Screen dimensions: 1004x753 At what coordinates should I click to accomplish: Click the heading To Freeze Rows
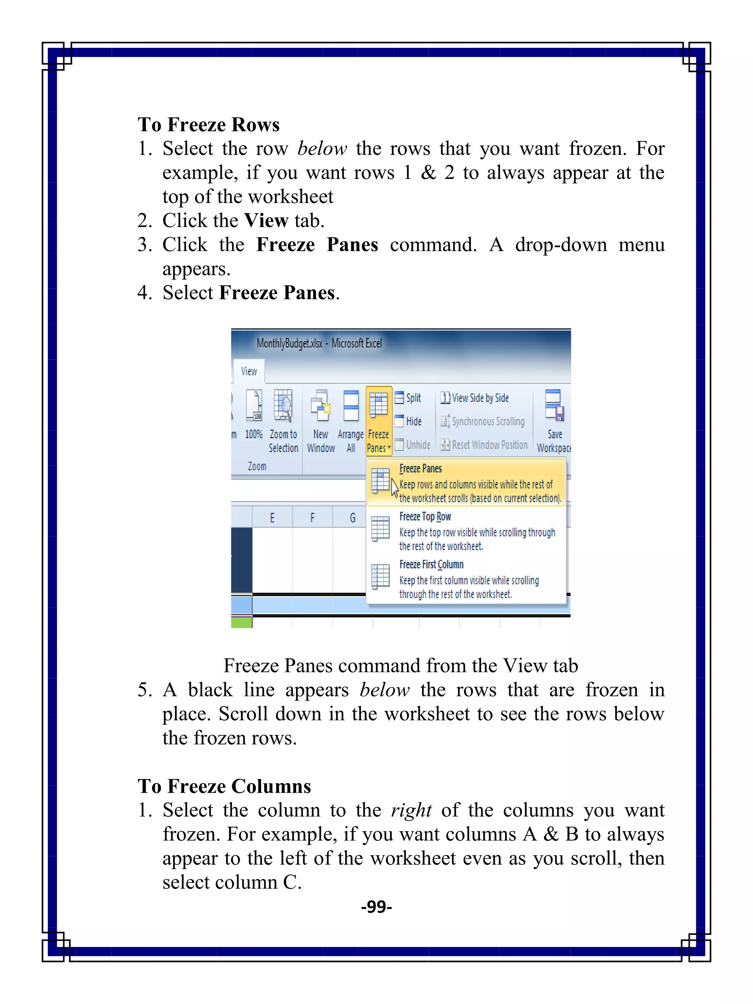208,125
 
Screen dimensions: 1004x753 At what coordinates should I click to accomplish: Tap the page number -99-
376,907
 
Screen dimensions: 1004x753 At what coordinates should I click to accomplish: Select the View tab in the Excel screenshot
249,371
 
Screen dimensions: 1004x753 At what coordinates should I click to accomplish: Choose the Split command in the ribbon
408,398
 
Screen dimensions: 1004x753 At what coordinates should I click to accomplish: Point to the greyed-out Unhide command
413,445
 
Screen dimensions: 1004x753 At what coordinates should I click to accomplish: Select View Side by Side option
475,398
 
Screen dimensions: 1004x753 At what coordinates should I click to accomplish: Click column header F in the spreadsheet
312,518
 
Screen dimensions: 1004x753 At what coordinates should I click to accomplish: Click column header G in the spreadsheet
352,518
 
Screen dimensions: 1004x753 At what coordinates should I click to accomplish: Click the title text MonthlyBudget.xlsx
290,344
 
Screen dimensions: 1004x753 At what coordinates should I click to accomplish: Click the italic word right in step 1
411,811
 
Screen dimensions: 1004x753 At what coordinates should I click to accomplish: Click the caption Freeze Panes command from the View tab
400,666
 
